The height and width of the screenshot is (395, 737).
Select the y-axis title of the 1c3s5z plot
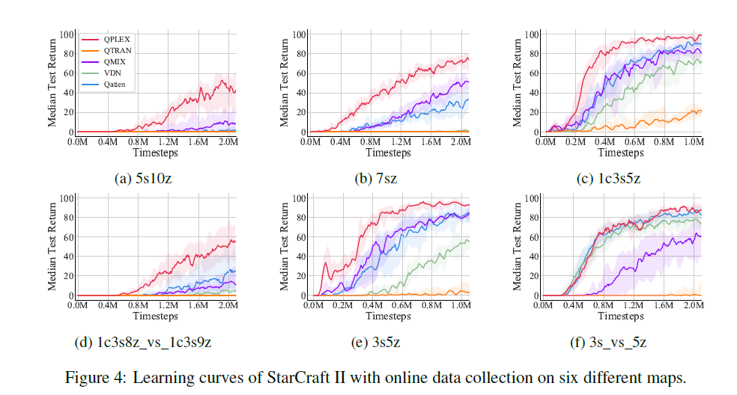click(518, 82)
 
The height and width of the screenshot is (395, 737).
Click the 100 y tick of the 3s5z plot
click(297, 198)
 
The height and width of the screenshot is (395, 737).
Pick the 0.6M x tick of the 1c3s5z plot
click(635, 141)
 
